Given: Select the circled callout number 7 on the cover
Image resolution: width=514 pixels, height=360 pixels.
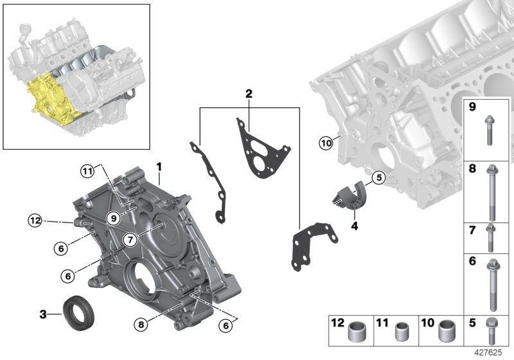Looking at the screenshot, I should click(x=129, y=240).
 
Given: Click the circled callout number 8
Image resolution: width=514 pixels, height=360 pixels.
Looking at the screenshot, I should click(x=140, y=325).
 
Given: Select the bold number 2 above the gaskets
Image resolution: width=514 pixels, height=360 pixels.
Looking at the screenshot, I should click(x=248, y=94).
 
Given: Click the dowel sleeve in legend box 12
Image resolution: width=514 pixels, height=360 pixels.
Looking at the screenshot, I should click(x=356, y=333).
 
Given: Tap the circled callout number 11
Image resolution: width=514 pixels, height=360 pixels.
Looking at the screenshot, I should click(x=87, y=170).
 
